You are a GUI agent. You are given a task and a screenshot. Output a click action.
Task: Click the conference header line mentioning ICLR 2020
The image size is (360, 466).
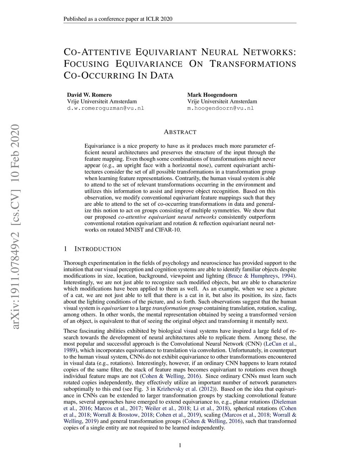pos(118,19)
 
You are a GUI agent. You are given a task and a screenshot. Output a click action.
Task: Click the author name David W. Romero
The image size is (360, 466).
pos(89,95)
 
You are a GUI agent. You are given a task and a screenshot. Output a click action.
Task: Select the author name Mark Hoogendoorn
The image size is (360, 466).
pos(212,95)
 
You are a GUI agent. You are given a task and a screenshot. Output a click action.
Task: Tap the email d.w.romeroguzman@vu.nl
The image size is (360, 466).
pos(105,108)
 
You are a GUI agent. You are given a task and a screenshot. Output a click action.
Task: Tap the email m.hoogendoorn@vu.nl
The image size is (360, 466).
pos(220,108)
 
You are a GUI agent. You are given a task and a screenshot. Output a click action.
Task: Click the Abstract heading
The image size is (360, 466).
pos(180,132)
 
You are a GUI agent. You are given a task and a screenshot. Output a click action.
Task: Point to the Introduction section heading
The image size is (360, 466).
pos(97,249)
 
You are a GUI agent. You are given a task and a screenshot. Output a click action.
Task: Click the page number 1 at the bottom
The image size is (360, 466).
pos(180,446)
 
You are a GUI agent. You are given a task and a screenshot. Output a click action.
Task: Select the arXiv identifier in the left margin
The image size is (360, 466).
pos(15,227)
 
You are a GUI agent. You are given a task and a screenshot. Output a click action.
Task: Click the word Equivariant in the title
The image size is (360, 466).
pos(166,52)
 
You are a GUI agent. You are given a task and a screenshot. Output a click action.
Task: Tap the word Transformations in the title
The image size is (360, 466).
pos(253,64)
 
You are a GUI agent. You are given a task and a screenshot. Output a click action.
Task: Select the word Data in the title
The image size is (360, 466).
pos(162,76)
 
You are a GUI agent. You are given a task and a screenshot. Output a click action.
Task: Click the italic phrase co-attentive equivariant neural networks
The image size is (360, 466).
pos(167,217)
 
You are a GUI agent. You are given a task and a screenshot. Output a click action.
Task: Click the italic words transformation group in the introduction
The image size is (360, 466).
pos(177,308)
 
